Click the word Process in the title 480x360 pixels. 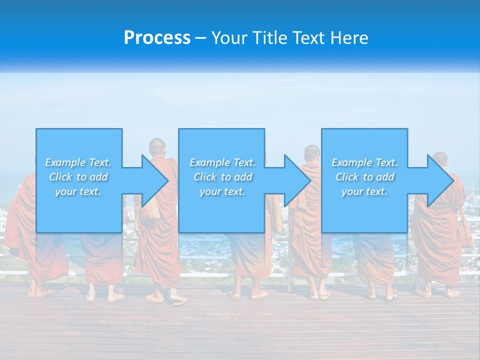coord(157,38)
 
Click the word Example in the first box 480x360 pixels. coord(65,162)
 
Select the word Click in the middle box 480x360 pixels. coord(204,177)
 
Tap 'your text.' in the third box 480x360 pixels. coord(364,191)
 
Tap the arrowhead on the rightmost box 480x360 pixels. coord(439,181)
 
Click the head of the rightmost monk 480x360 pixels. coord(440,159)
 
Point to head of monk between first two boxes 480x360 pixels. coord(157,146)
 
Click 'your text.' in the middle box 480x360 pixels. coord(222,191)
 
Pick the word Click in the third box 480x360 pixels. coord(346,177)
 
